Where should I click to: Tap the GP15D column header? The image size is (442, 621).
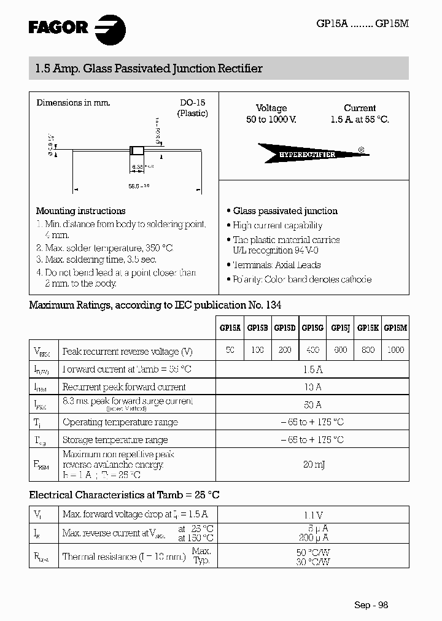pos(284,328)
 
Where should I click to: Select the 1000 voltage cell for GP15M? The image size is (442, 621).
pos(396,349)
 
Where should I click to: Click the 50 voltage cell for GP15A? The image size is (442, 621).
pos(230,349)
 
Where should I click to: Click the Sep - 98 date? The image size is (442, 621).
pos(371,604)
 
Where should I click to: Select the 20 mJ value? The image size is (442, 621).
pos(312,465)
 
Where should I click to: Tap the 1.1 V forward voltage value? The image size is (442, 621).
pos(312,515)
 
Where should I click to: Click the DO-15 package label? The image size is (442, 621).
pos(192,103)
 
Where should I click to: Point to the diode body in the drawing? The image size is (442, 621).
pos(136,150)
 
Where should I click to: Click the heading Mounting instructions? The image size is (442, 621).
pos(80,210)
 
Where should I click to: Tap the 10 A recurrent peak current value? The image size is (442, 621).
pos(312,387)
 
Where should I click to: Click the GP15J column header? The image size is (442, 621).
pos(340,328)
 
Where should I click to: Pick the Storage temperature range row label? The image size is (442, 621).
pos(115,439)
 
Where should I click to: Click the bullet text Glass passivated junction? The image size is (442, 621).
pos(285,210)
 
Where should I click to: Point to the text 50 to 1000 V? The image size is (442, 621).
pos(271,120)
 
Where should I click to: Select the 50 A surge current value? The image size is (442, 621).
pos(312,404)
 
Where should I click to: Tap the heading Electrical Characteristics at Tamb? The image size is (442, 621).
pos(125,495)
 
